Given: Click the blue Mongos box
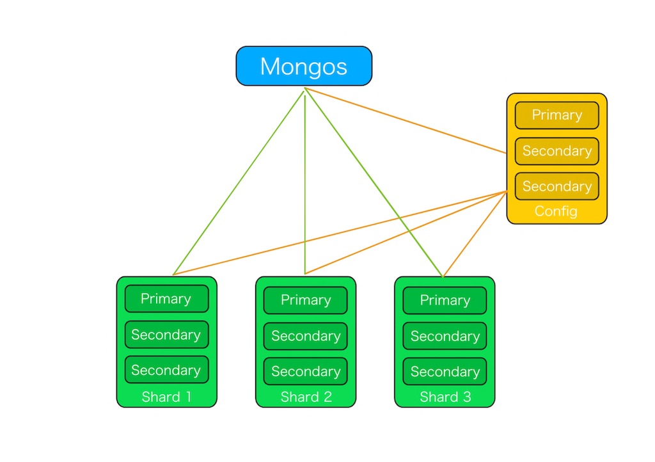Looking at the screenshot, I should coord(304,66).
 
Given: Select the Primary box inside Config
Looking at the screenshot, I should coord(556,115).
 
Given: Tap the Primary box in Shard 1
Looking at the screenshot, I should coord(166,299).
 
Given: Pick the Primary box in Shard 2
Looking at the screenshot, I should coord(306,300).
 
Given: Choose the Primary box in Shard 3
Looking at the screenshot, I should coord(445,300).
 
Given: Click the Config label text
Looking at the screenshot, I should coord(556,211).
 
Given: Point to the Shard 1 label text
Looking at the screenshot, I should coord(166,397).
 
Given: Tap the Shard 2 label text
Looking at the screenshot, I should coord(306,397).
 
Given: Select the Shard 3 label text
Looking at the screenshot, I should coord(445,397).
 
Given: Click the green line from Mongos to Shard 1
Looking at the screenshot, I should coord(238,182).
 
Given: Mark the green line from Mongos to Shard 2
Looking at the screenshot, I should coord(305,192).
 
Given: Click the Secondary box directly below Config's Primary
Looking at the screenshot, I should coord(556,151).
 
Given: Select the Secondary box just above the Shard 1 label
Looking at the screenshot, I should coord(166,370).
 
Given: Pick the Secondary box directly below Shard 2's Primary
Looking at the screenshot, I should coord(306,336).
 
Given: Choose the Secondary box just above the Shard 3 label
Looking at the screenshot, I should coord(445,371).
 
